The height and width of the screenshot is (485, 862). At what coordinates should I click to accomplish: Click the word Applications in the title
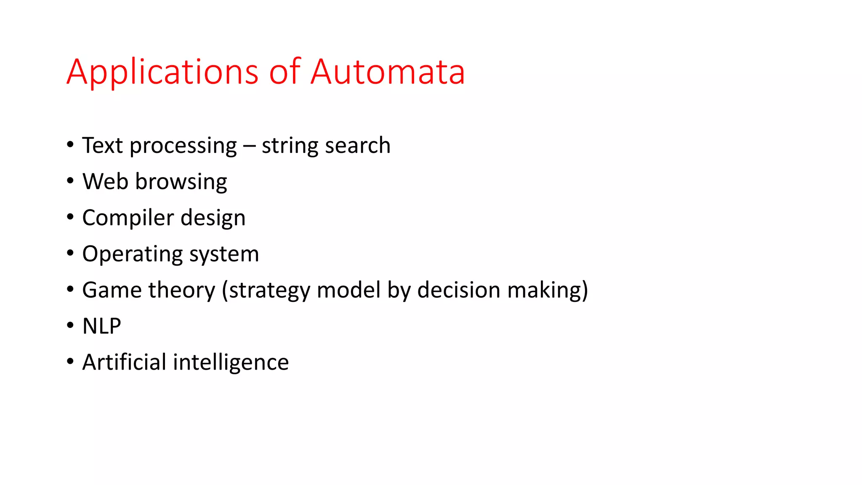162,72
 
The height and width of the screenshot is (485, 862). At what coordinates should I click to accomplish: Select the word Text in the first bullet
102,145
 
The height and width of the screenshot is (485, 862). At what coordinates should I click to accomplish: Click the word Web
105,181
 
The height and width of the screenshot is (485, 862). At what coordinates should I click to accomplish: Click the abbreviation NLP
102,326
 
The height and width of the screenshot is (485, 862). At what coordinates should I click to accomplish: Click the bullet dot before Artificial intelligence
70,362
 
